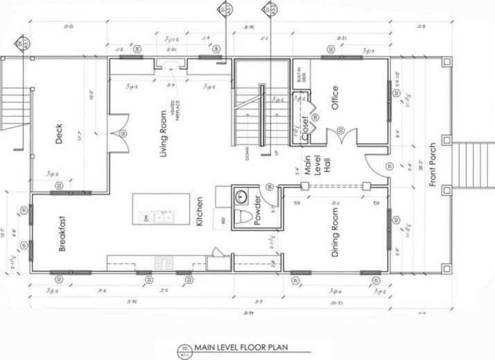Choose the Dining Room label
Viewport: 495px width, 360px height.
click(335, 238)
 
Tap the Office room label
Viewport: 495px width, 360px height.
click(335, 98)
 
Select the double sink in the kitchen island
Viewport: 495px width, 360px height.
click(162, 217)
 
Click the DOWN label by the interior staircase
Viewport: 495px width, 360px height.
click(248, 153)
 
